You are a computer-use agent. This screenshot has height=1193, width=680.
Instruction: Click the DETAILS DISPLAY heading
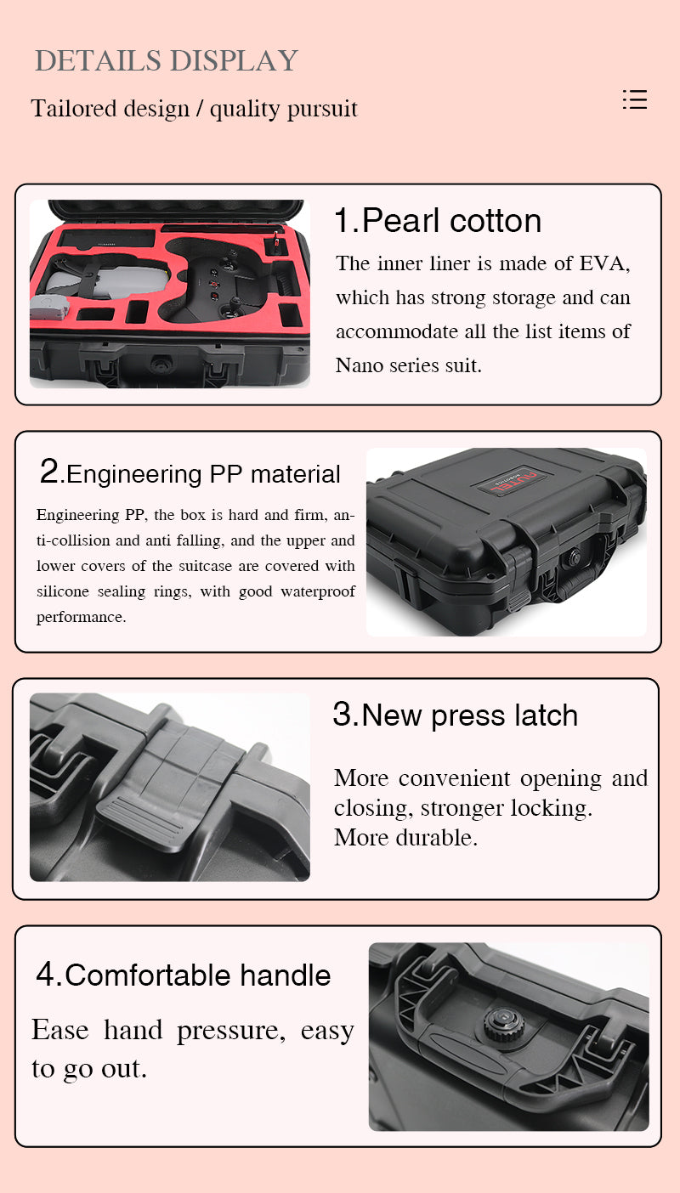(167, 60)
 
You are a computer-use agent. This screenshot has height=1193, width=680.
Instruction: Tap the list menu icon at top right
(635, 99)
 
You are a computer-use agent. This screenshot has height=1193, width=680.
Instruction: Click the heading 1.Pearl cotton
(438, 220)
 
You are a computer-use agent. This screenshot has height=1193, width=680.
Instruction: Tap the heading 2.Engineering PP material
(190, 472)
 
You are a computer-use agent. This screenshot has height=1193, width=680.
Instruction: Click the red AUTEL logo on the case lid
(512, 481)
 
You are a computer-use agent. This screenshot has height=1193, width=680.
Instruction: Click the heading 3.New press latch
(455, 715)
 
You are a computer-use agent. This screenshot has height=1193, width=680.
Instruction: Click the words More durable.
(405, 838)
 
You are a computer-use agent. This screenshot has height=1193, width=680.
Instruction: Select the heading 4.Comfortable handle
(184, 975)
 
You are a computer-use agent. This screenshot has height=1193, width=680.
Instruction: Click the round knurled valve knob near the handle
(504, 1023)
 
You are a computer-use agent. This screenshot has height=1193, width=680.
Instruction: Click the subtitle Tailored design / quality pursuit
(194, 109)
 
